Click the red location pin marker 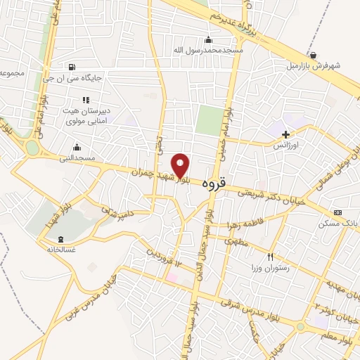(181, 165)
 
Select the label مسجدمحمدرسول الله (209, 51)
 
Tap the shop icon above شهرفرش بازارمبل (313, 54)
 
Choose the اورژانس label (286, 144)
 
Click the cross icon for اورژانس (285, 133)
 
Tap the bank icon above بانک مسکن (338, 212)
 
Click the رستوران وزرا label (270, 269)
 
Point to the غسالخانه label (60, 249)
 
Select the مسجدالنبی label (77, 158)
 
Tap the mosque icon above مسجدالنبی (77, 147)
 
